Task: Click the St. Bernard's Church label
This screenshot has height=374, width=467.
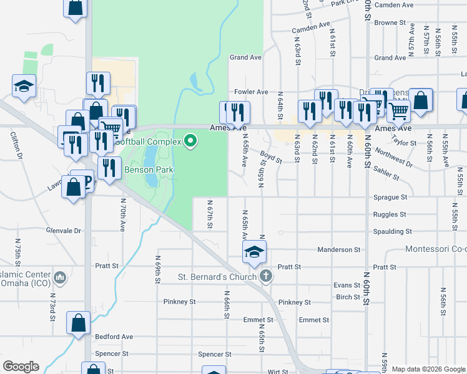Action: (217, 277)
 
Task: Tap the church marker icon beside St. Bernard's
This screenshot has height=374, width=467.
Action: (266, 276)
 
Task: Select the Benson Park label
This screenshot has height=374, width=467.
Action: (148, 170)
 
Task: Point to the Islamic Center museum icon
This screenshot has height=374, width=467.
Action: (61, 276)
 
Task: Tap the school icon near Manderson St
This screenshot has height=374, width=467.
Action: (254, 251)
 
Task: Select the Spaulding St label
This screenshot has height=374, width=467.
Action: (391, 231)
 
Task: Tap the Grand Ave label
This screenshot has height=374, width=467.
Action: (245, 57)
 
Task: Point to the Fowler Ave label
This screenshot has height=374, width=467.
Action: (251, 92)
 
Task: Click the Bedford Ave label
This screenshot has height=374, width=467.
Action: (114, 337)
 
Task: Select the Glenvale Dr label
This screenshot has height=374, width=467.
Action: (64, 230)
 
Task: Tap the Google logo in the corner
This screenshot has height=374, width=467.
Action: (21, 367)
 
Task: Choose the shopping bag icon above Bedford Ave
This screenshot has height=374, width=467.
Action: (79, 323)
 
